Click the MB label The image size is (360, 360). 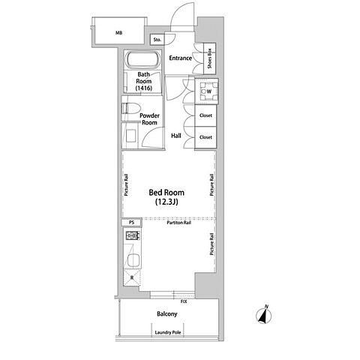[119, 33]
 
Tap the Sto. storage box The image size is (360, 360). [157, 40]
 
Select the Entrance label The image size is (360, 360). [181, 58]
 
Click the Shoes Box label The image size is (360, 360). [209, 58]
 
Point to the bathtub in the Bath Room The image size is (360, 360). [142, 59]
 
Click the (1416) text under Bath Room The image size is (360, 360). [144, 88]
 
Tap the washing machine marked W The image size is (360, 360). [206, 91]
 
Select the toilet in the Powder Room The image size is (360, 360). [130, 109]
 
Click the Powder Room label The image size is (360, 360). [149, 119]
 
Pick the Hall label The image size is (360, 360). [176, 136]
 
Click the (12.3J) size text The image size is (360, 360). [166, 202]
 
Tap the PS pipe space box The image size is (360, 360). [131, 222]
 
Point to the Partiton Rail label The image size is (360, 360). [179, 223]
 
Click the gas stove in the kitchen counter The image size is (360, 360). [133, 235]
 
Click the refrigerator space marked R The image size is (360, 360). [132, 277]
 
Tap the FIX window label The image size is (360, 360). [184, 301]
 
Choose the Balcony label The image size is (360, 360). [167, 313]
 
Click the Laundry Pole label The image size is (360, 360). [168, 332]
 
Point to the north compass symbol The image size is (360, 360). [264, 315]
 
